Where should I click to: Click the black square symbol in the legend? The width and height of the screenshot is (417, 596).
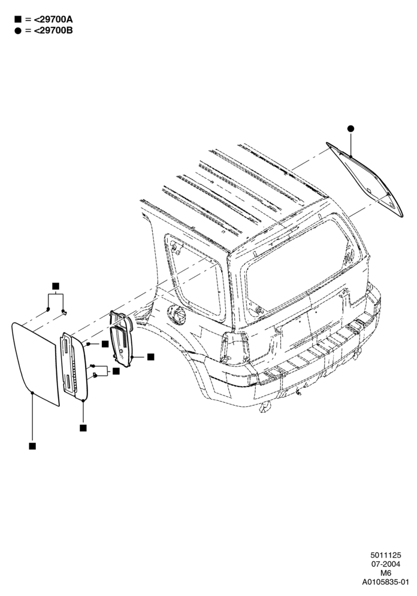17,19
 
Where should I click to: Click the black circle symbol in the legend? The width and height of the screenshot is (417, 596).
17,31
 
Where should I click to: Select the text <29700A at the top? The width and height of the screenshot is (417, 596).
53,19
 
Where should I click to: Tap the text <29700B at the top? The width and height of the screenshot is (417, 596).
53,31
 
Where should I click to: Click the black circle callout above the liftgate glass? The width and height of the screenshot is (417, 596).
351,129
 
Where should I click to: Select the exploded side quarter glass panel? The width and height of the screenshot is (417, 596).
35,364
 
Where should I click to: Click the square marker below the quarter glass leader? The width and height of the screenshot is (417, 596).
32,446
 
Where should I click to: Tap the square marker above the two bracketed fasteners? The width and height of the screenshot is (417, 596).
56,286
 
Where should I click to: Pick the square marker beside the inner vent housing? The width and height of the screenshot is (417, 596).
150,357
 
